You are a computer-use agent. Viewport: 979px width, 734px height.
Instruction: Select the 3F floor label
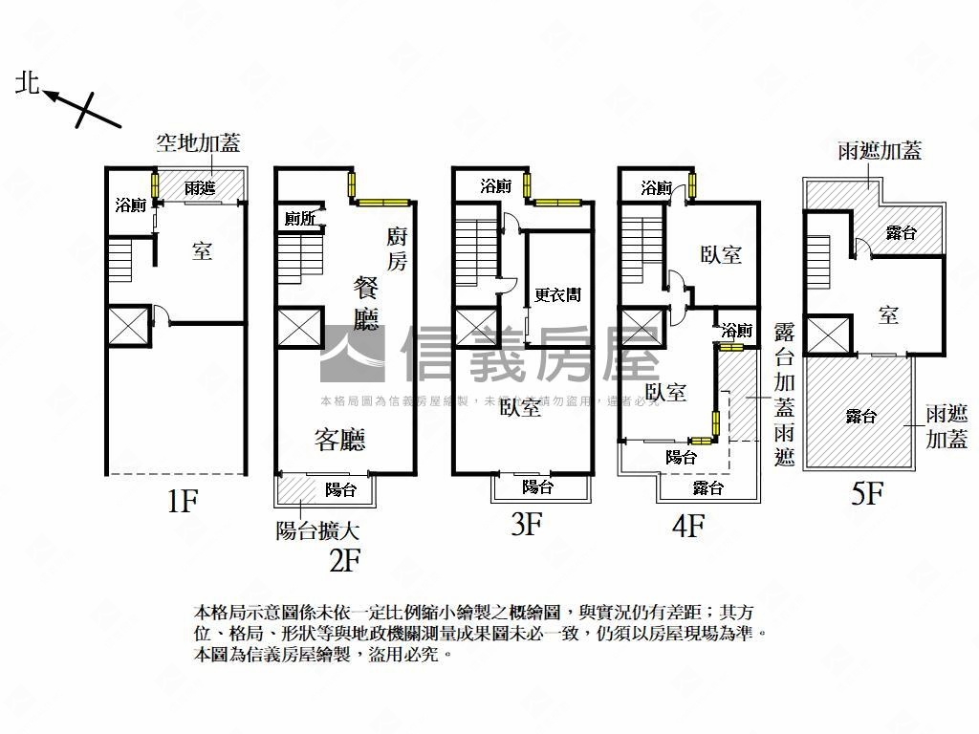pyautogui.click(x=526, y=524)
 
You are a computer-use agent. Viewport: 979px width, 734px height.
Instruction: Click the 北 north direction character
pyautogui.click(x=27, y=84)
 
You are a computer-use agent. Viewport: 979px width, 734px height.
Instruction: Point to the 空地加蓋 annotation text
pyautogui.click(x=198, y=143)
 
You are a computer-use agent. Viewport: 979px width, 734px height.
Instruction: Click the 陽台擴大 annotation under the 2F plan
pyautogui.click(x=317, y=530)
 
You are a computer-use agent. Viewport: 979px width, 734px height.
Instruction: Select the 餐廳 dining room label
pyautogui.click(x=368, y=302)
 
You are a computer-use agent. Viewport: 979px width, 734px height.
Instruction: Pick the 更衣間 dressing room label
pyautogui.click(x=557, y=295)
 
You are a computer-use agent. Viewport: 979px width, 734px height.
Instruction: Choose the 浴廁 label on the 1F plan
pyautogui.click(x=129, y=205)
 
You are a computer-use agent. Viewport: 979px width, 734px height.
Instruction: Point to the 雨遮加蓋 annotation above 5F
pyautogui.click(x=879, y=151)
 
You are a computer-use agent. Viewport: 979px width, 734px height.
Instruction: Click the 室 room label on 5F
pyautogui.click(x=888, y=315)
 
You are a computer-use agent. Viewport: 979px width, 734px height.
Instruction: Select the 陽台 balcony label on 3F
pyautogui.click(x=538, y=486)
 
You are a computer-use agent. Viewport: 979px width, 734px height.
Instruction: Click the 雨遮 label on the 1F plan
pyautogui.click(x=199, y=187)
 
